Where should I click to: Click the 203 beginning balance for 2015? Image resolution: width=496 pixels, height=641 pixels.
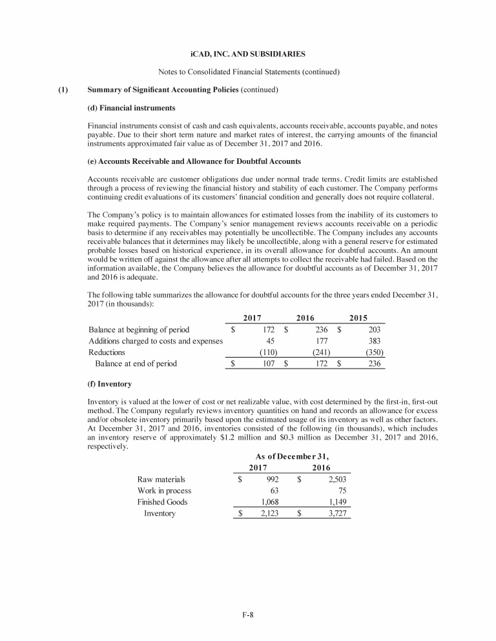pyautogui.click(x=374, y=329)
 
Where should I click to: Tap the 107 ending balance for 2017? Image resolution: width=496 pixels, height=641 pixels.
pyautogui.click(x=270, y=364)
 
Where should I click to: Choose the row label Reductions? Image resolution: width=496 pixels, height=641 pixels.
pyautogui.click(x=107, y=352)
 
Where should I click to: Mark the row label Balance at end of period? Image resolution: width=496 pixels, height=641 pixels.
pyautogui.click(x=136, y=364)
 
